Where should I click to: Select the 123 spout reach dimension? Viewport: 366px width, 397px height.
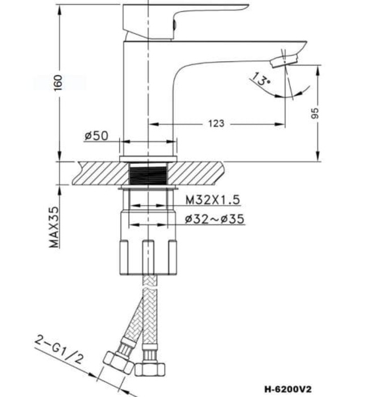click(216, 123)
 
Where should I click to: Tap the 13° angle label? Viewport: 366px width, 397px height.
click(261, 79)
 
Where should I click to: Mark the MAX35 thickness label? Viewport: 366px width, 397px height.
click(54, 226)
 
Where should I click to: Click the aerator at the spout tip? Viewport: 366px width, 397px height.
click(285, 60)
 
